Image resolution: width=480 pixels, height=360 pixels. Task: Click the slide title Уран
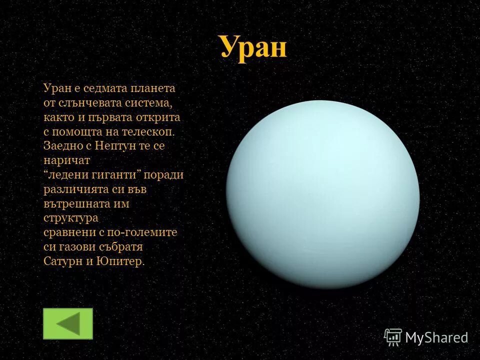[253, 48]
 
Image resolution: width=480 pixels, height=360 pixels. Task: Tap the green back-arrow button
[68, 323]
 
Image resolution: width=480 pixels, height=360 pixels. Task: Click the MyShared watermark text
[436, 337]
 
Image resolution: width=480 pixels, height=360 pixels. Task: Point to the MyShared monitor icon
[393, 337]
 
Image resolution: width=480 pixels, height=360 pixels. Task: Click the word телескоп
[149, 132]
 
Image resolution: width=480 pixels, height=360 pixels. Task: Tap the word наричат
[66, 161]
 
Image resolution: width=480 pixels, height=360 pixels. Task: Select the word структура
[70, 218]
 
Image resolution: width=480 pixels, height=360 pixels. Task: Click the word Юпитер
[123, 261]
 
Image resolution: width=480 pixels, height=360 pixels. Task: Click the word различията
[76, 190]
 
